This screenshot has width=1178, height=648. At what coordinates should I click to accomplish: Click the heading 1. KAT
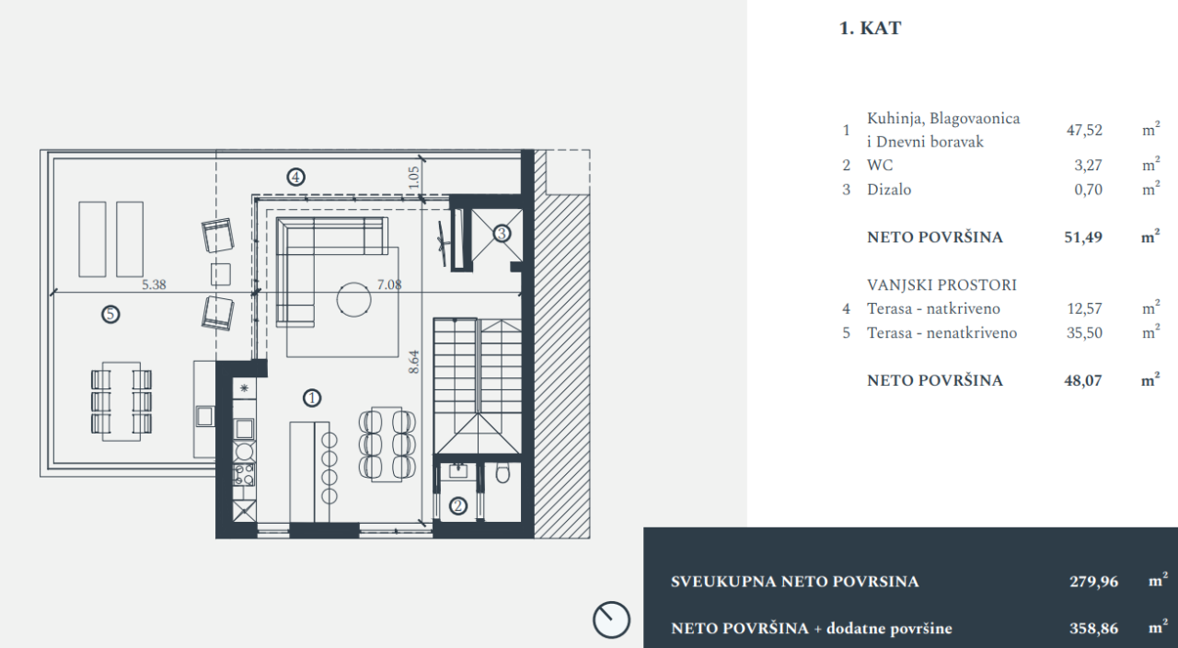click(x=870, y=29)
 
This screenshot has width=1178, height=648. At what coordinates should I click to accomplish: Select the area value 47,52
click(x=1084, y=131)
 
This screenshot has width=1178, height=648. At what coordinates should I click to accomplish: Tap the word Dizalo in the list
click(x=889, y=190)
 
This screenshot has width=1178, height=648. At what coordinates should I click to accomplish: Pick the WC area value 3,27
click(x=1088, y=166)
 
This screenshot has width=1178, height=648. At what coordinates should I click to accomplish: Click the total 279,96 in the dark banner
click(x=1092, y=582)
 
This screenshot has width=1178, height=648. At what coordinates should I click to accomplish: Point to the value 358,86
click(x=1092, y=630)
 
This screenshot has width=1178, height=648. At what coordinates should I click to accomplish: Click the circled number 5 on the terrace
click(x=110, y=315)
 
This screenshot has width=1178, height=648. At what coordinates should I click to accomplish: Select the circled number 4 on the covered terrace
click(x=294, y=177)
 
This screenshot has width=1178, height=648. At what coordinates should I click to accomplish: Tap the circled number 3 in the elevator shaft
click(x=502, y=234)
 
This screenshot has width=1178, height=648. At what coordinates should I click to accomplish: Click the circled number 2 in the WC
click(x=457, y=505)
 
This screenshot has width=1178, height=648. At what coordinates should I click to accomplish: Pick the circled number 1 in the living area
click(x=312, y=398)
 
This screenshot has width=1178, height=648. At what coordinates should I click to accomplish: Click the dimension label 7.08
click(x=389, y=285)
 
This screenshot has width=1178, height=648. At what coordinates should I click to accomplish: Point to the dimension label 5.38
click(x=155, y=285)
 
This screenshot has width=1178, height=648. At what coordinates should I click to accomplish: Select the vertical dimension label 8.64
click(x=415, y=360)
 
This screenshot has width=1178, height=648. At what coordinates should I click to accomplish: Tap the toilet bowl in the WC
click(x=502, y=474)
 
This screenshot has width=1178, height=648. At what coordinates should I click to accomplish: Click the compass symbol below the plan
click(x=611, y=619)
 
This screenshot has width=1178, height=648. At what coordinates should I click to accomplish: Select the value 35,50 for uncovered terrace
click(x=1084, y=333)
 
